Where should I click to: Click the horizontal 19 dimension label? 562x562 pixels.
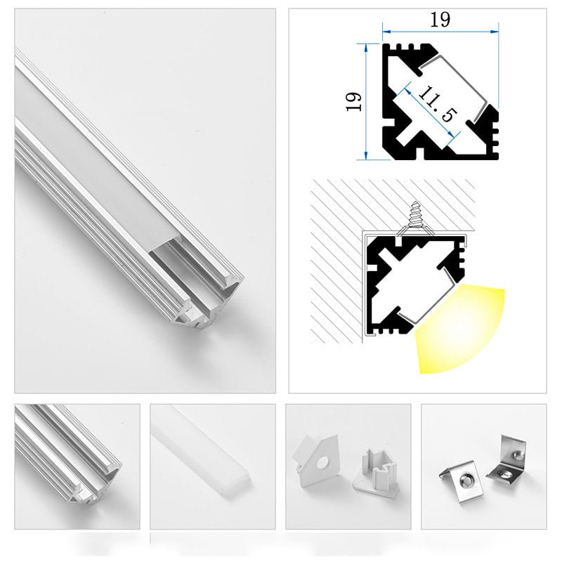tap(440, 20)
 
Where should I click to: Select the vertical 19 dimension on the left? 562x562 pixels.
tap(354, 101)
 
